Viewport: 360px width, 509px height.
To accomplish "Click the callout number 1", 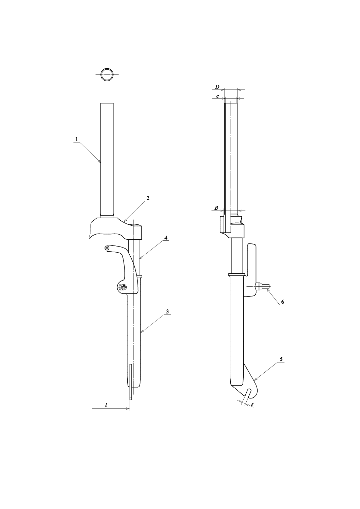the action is pos(77,139).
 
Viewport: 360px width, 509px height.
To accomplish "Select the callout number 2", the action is pos(148,198).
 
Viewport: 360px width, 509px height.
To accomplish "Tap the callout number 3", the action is pos(167,311).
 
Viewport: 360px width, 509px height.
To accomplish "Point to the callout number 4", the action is pos(166,238).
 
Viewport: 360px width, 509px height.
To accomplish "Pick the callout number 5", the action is pos(281,359).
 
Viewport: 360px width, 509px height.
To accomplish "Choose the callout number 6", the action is pos(283,302).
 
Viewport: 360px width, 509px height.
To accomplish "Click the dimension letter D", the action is pos(217,87).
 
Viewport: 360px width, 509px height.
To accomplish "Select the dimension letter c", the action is pos(218,96).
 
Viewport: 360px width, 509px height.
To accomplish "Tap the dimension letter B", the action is pos(216,208).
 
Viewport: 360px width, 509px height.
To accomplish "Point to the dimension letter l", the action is pos(106,405).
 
